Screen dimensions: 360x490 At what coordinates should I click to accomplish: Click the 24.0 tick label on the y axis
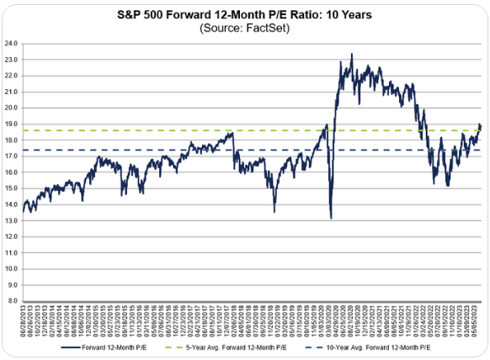click(x=12, y=43)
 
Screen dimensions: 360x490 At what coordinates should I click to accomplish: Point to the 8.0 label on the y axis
click(x=13, y=300)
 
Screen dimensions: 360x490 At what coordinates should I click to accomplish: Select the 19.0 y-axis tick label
click(x=12, y=124)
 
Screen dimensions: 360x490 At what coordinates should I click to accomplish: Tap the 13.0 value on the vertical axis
click(x=12, y=220)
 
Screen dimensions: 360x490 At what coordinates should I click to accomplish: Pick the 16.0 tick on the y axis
click(x=12, y=172)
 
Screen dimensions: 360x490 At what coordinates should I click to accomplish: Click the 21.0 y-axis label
click(x=12, y=91)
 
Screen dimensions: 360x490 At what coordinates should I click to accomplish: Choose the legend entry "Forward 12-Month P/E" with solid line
click(x=121, y=347)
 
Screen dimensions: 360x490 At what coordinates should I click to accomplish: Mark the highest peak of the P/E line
click(x=351, y=54)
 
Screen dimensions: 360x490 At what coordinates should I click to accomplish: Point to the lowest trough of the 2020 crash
click(x=331, y=218)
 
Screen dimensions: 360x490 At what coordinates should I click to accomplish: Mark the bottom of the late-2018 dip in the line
click(x=274, y=211)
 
